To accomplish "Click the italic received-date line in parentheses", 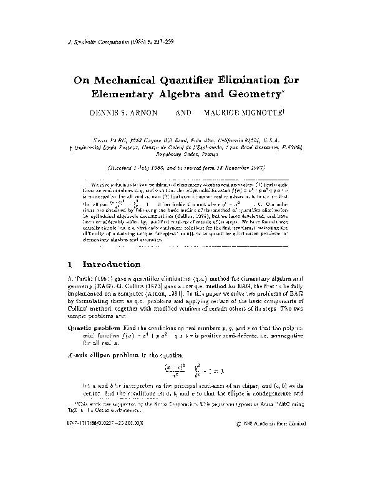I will (186, 168).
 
